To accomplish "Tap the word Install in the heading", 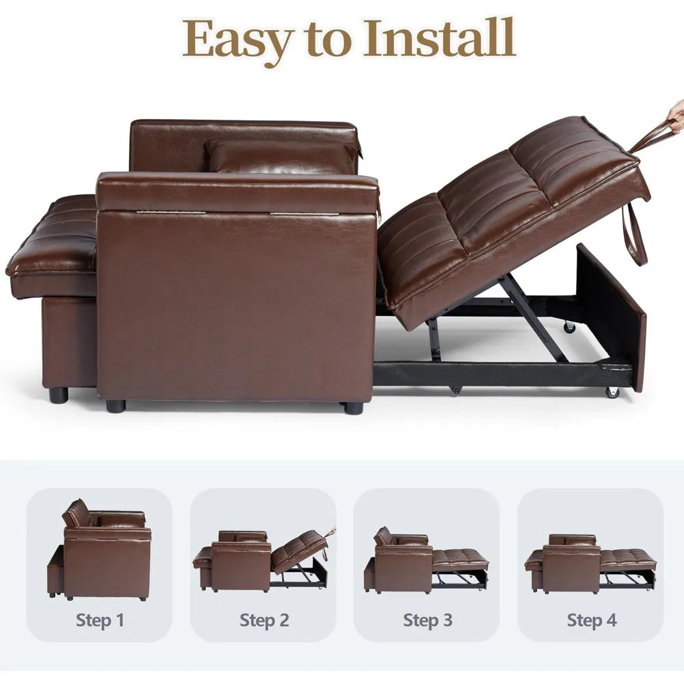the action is [440, 38].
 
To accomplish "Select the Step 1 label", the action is [100, 620].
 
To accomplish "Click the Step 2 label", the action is [264, 620].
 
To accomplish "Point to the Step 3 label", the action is [428, 620].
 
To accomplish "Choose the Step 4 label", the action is [592, 620].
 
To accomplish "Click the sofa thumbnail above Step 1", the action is [99, 550].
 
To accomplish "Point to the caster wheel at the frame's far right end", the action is [612, 392].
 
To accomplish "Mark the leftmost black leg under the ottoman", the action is [58, 395].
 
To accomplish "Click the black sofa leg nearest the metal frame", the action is [353, 408].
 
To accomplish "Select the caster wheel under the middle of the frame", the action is [456, 389].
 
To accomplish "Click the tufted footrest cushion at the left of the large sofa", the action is [51, 246].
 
